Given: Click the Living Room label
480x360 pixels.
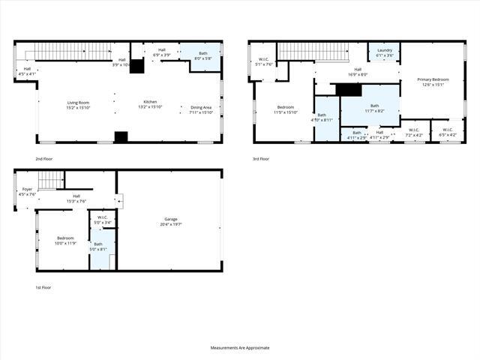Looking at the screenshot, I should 78,105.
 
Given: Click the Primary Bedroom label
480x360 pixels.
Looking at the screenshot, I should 432,82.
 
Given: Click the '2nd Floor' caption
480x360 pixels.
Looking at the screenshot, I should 43,159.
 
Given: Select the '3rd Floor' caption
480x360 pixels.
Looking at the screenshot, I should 261,159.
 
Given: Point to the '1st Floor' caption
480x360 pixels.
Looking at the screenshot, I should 43,287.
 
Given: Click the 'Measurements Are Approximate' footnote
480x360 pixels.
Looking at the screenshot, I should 239,348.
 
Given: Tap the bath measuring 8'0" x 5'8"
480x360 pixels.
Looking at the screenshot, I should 203,56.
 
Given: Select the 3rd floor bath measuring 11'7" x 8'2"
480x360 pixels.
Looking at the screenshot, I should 374,109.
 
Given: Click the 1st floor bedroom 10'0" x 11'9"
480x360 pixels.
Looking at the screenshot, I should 65,241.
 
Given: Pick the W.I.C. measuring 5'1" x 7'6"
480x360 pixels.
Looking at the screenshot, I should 263,62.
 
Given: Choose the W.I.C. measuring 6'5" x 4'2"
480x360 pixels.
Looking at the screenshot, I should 447,133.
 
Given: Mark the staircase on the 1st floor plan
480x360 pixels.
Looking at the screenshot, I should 50,180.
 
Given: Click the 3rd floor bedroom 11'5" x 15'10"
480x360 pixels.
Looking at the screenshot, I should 286,109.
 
